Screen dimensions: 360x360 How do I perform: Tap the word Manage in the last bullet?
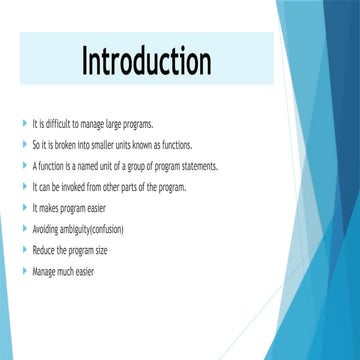tap(43, 271)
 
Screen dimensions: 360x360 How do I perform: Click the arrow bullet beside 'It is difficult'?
tap(23, 124)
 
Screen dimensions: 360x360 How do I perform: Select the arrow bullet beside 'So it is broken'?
tap(23, 145)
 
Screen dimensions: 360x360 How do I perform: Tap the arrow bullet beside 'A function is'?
tap(23, 166)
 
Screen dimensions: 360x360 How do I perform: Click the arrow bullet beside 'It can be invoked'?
tap(23, 187)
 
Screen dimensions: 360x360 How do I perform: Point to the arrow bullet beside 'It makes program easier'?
tap(23, 208)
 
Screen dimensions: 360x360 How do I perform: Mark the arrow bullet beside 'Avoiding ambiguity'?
tap(23, 229)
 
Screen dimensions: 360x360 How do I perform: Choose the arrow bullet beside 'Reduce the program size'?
tap(23, 250)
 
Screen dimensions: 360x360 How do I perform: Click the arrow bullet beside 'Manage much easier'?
tap(23, 271)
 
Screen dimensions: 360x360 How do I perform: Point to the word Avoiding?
tap(44, 229)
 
